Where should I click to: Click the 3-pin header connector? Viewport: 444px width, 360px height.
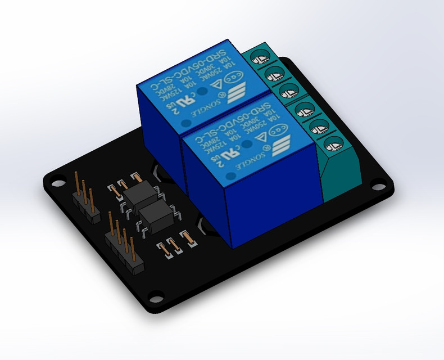(x=83, y=196)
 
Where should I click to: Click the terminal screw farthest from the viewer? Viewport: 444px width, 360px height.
(x=260, y=56)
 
